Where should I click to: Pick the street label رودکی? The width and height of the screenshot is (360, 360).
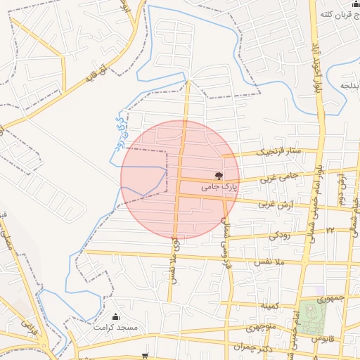(x=278, y=235)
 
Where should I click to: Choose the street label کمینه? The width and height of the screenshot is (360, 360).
(x=271, y=307)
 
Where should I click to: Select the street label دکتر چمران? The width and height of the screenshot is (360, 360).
(x=254, y=348)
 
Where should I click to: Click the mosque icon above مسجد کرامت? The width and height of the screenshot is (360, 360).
(x=116, y=317)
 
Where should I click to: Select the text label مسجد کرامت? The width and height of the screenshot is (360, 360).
(x=118, y=328)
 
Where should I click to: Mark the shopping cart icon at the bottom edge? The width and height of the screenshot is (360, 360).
(x=146, y=356)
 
